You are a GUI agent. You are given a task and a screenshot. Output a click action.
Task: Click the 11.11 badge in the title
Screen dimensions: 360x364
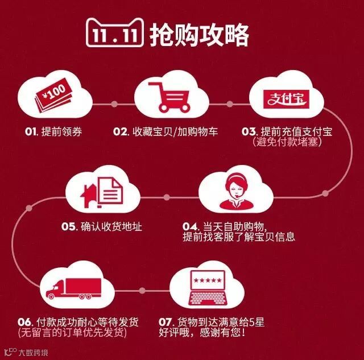coord(113,36)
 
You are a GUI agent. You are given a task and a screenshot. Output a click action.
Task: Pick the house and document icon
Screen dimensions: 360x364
coord(103,193)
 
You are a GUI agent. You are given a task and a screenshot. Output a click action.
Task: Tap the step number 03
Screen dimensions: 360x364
coord(249,132)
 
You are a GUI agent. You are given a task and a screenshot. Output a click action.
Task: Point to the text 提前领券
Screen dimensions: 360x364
coord(61,132)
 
